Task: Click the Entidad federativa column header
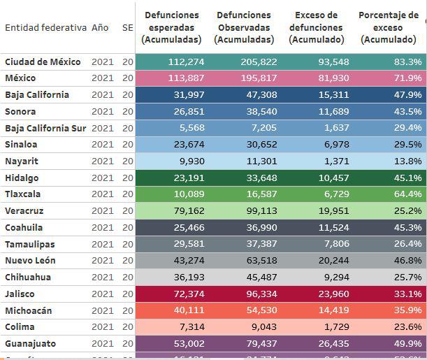click(45, 27)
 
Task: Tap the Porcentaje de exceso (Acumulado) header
click(389, 27)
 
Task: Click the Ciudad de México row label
click(43, 62)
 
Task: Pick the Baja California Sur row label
click(45, 128)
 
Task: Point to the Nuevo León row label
click(32, 261)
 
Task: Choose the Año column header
click(100, 27)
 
